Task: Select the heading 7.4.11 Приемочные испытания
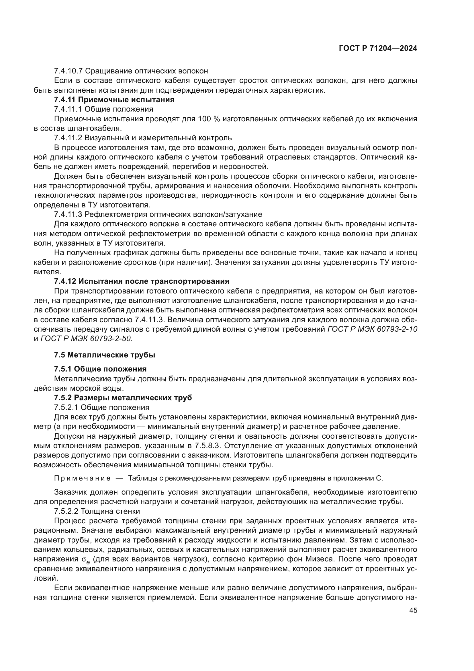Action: (x=114, y=100)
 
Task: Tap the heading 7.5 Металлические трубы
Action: (x=105, y=355)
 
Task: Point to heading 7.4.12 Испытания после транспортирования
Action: (x=142, y=281)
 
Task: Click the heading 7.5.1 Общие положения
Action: (x=100, y=369)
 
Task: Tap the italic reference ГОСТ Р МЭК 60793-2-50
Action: (x=86, y=339)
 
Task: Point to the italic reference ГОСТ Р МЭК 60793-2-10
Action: (x=372, y=329)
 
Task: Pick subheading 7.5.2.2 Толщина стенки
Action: (x=97, y=511)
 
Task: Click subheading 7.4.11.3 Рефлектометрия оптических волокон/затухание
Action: (x=158, y=215)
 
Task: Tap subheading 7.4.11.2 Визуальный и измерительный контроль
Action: (x=143, y=138)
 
